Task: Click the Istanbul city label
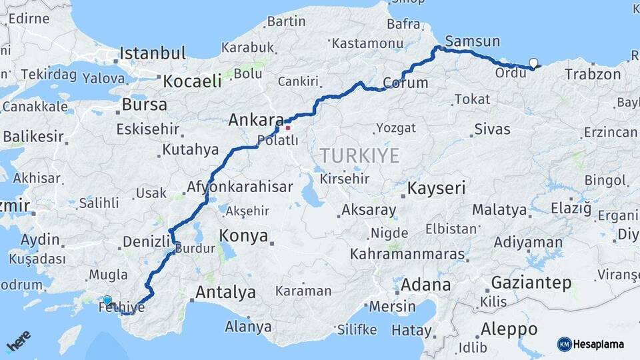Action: click(x=153, y=54)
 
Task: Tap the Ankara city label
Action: click(x=256, y=120)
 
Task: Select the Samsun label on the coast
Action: click(x=472, y=41)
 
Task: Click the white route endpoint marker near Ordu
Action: click(x=533, y=63)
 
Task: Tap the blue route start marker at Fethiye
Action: click(x=107, y=301)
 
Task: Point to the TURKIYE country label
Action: click(x=360, y=156)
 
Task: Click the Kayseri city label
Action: click(x=437, y=188)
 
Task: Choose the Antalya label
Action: click(x=225, y=292)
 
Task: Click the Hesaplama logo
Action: click(x=591, y=344)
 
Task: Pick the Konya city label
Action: click(x=244, y=236)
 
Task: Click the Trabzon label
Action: click(x=593, y=74)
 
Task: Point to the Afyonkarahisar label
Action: click(x=240, y=187)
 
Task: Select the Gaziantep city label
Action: click(x=531, y=283)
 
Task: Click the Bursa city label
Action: click(x=145, y=105)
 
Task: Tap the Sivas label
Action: click(x=492, y=129)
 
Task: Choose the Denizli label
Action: click(x=147, y=241)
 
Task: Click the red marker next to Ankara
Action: click(x=288, y=127)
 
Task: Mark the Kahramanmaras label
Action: click(x=407, y=255)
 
